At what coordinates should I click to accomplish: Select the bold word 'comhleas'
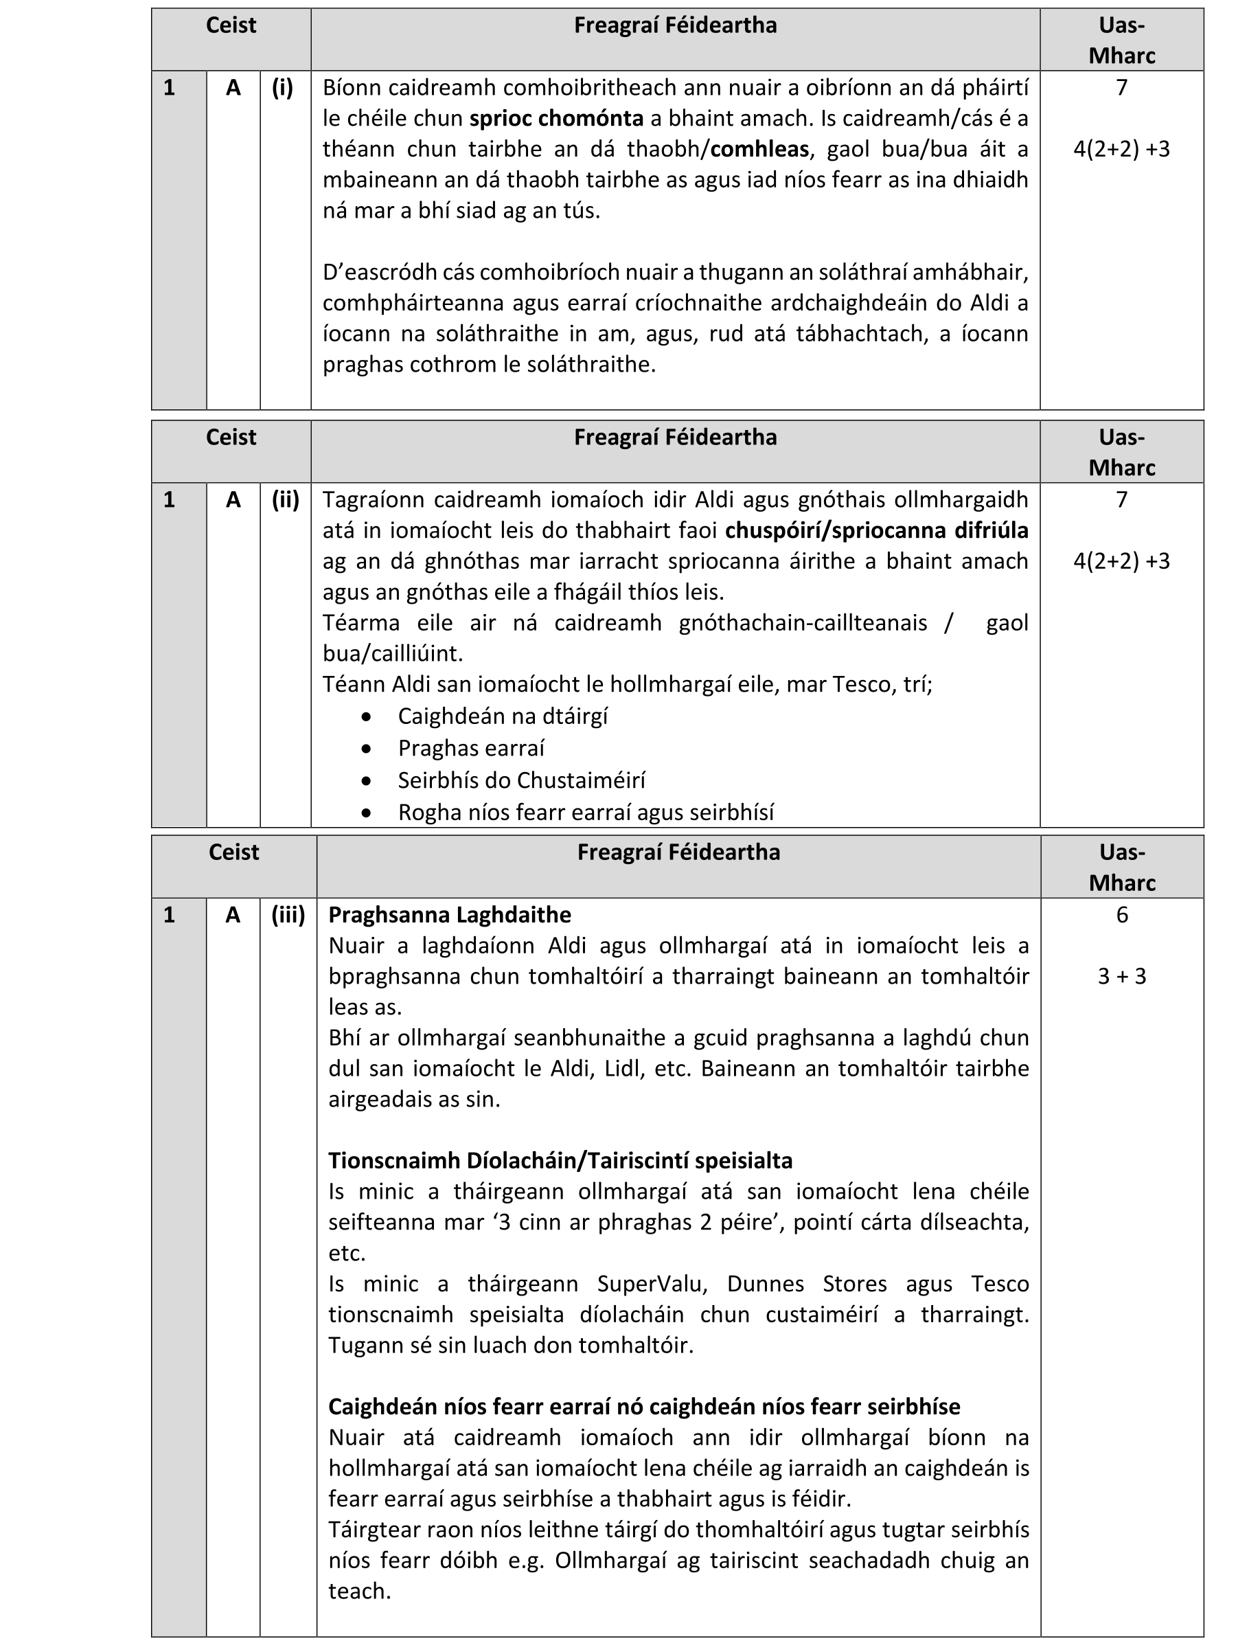pyautogui.click(x=759, y=150)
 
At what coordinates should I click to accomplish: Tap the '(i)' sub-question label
pyautogui.click(x=282, y=88)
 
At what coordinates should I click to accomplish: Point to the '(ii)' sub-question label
pyautogui.click(x=286, y=499)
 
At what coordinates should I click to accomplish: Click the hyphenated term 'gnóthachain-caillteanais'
pyautogui.click(x=803, y=623)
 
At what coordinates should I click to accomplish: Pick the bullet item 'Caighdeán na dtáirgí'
pyautogui.click(x=503, y=716)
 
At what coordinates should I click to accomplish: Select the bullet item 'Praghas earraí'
pyautogui.click(x=471, y=749)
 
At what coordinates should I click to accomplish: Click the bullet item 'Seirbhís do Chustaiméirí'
pyautogui.click(x=521, y=781)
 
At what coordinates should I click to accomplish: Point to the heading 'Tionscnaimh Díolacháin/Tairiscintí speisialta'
pyautogui.click(x=560, y=1161)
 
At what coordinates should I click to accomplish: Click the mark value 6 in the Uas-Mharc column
pyautogui.click(x=1122, y=916)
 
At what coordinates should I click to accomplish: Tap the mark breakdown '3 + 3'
pyautogui.click(x=1122, y=977)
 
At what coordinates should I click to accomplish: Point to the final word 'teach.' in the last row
pyautogui.click(x=360, y=1591)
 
